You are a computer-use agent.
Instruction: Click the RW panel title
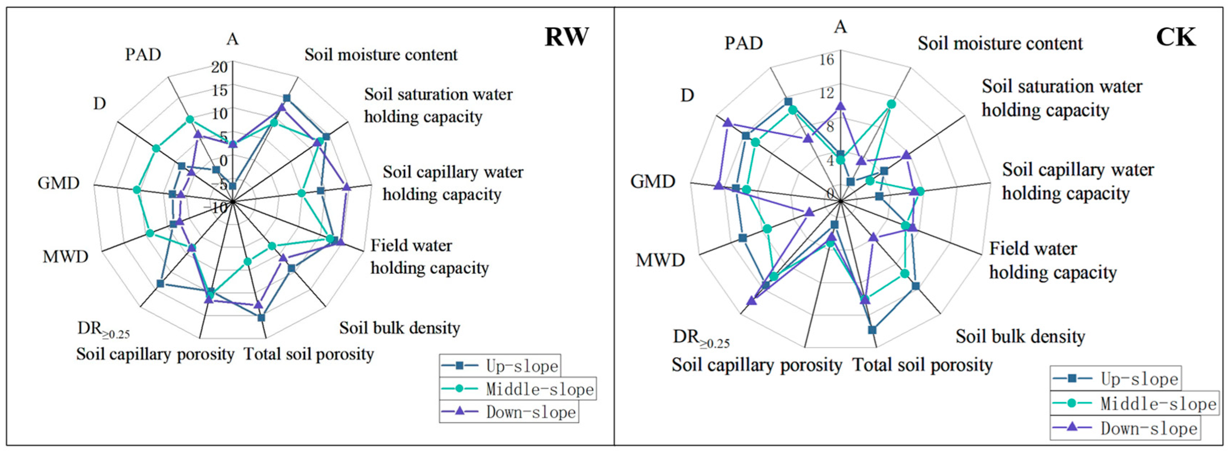pos(566,37)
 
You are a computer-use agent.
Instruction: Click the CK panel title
pos(1175,37)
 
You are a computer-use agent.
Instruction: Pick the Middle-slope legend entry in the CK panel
pos(1134,403)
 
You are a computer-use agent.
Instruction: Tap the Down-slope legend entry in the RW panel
pos(509,412)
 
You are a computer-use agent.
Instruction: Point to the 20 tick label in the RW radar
pos(220,67)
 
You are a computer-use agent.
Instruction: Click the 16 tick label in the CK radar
pos(827,60)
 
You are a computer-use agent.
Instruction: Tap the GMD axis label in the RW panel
pos(59,183)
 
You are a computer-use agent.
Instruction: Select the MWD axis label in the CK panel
pos(660,260)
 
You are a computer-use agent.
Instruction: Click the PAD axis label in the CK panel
pos(743,43)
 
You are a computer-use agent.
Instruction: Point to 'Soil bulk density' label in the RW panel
pos(400,328)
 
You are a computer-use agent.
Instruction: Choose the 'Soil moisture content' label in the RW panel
pos(381,55)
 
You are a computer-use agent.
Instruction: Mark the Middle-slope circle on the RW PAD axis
pos(190,120)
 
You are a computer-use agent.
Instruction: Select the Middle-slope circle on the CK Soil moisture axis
pos(891,104)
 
